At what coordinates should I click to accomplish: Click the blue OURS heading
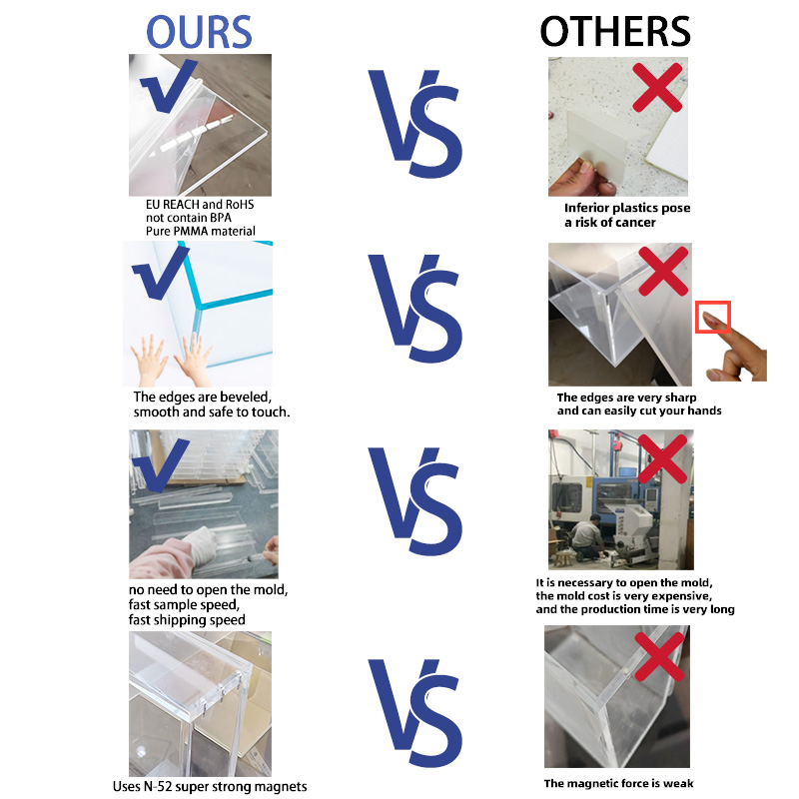(x=199, y=32)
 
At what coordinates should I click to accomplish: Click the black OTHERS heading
(x=615, y=32)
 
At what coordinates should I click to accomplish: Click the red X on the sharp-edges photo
(x=663, y=271)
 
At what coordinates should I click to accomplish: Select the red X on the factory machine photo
(x=662, y=458)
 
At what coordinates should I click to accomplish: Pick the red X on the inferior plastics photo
(x=657, y=87)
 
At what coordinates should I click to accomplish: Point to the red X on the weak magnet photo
(x=659, y=656)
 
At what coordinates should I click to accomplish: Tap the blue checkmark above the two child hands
(x=161, y=273)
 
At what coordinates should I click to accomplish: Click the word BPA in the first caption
(x=220, y=218)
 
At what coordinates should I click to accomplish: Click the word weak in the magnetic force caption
(x=678, y=783)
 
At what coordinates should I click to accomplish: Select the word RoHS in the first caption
(x=240, y=205)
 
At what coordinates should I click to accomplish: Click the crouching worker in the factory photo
(x=587, y=536)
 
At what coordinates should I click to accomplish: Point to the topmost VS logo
(x=415, y=124)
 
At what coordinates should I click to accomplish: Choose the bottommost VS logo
(x=415, y=713)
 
